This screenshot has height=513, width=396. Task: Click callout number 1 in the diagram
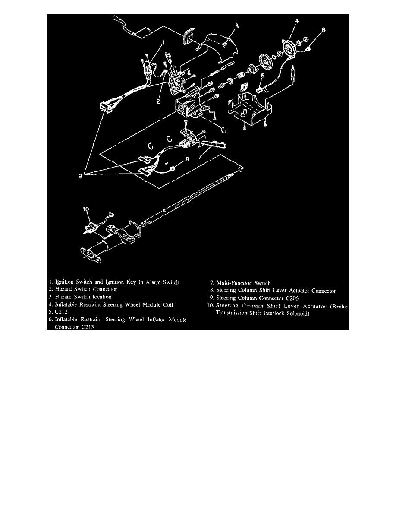point(163,43)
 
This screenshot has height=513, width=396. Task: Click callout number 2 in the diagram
point(158,101)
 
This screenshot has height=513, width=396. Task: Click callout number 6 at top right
point(324,30)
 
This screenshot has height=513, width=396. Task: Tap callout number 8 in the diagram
point(187,159)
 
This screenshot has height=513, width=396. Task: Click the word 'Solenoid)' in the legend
point(295,313)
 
